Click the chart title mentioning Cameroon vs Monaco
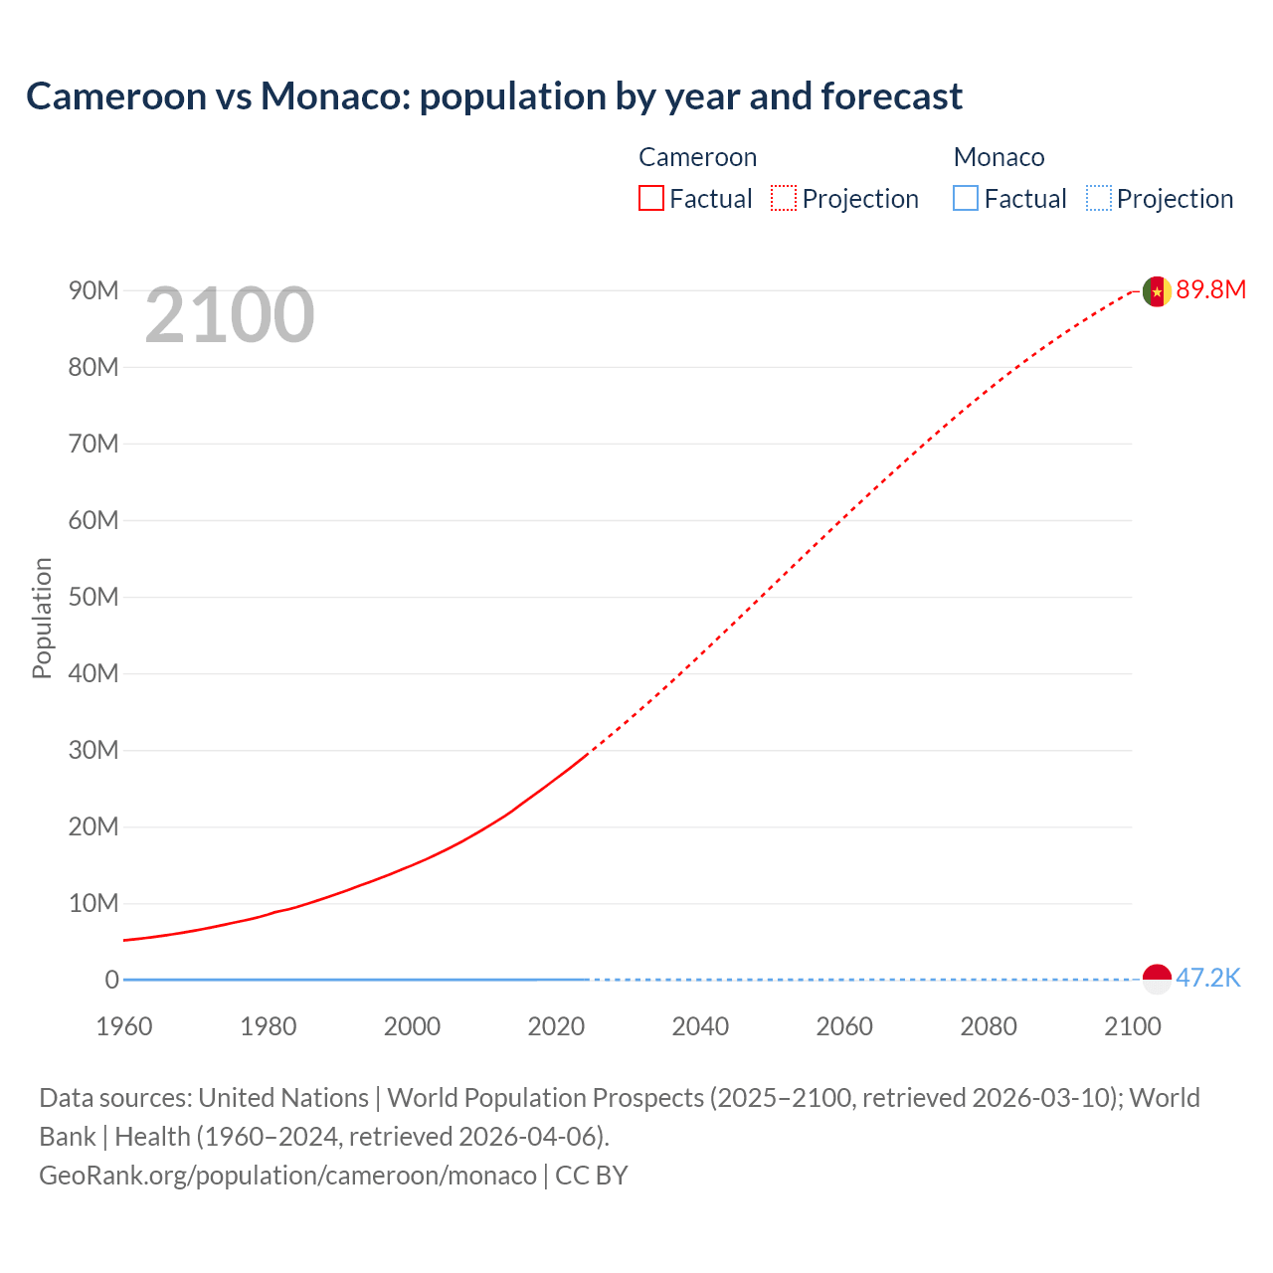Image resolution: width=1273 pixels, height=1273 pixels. (x=494, y=96)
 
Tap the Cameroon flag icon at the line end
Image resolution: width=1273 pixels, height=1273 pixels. (x=1157, y=291)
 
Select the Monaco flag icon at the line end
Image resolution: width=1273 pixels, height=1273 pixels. (x=1157, y=979)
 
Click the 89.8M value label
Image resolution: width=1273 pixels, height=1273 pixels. (x=1210, y=289)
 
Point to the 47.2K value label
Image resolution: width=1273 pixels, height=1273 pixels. (x=1208, y=978)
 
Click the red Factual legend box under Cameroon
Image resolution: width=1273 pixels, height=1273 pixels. (x=651, y=199)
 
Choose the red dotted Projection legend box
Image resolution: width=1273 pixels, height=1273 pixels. (x=784, y=199)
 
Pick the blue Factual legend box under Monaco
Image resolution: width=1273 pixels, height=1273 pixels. (x=966, y=199)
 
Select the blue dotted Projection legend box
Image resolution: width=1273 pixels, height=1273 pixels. (x=1099, y=199)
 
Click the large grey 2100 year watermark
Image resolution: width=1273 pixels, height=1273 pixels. (x=230, y=315)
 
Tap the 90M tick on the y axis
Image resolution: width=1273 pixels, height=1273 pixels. (x=93, y=290)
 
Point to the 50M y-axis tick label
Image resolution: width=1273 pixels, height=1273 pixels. (x=93, y=597)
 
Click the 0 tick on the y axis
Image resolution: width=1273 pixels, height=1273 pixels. (x=111, y=980)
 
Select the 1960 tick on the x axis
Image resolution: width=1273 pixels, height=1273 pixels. (x=124, y=1026)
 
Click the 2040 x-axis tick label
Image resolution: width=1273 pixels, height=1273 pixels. (x=700, y=1026)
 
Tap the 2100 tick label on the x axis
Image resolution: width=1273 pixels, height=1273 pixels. (x=1133, y=1026)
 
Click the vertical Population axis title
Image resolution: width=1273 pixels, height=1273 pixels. (x=42, y=618)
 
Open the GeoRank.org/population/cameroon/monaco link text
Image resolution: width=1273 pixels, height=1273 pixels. (x=287, y=1176)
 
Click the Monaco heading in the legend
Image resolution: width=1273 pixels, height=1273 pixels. (x=999, y=157)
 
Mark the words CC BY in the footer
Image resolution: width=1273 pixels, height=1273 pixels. (x=592, y=1176)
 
